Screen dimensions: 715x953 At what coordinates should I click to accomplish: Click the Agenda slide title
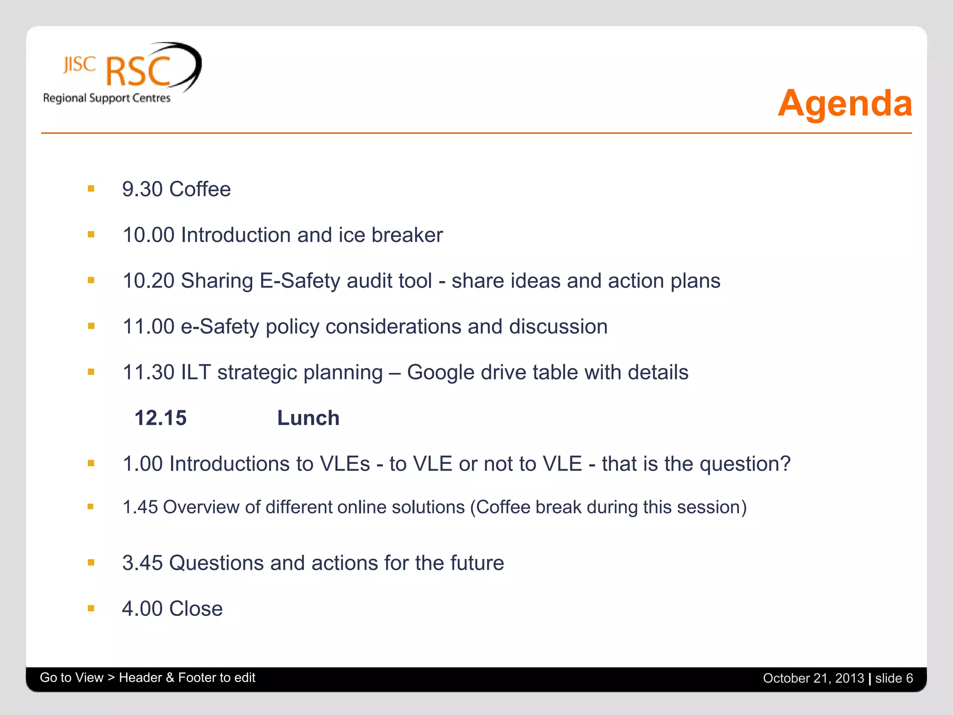(x=845, y=103)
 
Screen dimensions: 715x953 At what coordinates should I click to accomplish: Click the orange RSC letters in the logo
(x=138, y=72)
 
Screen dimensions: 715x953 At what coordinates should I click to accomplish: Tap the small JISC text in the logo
(x=80, y=64)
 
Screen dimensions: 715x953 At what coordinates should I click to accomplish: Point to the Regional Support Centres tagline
(x=107, y=98)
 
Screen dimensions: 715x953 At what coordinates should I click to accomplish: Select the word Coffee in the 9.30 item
(x=200, y=189)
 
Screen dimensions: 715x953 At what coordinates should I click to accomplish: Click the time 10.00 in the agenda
(x=148, y=235)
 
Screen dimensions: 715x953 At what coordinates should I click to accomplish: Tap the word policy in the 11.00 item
(x=292, y=327)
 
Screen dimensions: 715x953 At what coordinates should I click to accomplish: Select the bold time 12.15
(x=161, y=418)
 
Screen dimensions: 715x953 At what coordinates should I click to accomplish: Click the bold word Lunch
(x=308, y=418)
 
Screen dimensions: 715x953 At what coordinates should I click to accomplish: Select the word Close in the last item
(x=196, y=609)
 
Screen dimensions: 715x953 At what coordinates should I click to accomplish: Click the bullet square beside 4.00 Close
(x=91, y=608)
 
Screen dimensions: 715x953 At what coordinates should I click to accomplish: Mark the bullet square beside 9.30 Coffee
(x=91, y=189)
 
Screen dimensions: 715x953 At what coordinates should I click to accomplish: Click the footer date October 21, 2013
(x=813, y=678)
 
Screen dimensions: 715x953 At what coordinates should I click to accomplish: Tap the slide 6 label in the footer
(x=894, y=678)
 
